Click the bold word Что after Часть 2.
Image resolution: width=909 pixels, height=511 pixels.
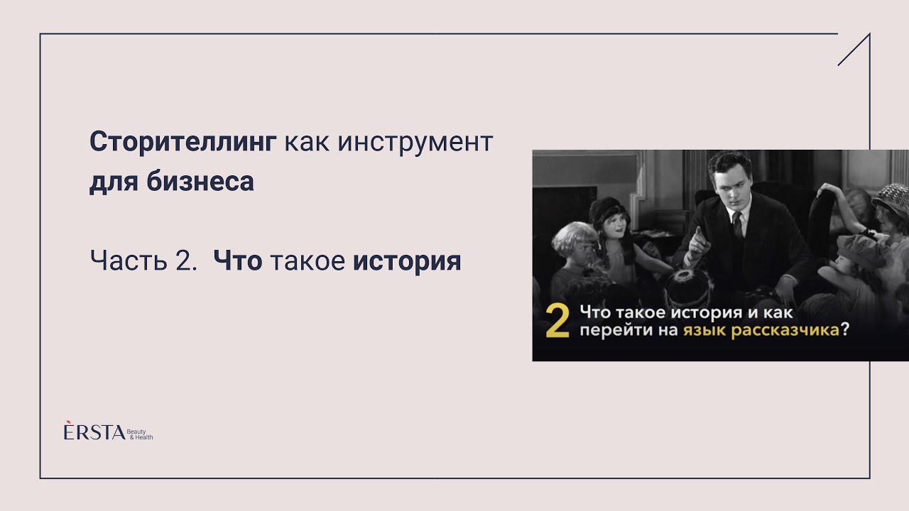coord(238,261)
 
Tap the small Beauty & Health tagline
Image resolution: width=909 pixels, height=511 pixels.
coord(140,434)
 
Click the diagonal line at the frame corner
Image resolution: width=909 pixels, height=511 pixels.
coord(854,50)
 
